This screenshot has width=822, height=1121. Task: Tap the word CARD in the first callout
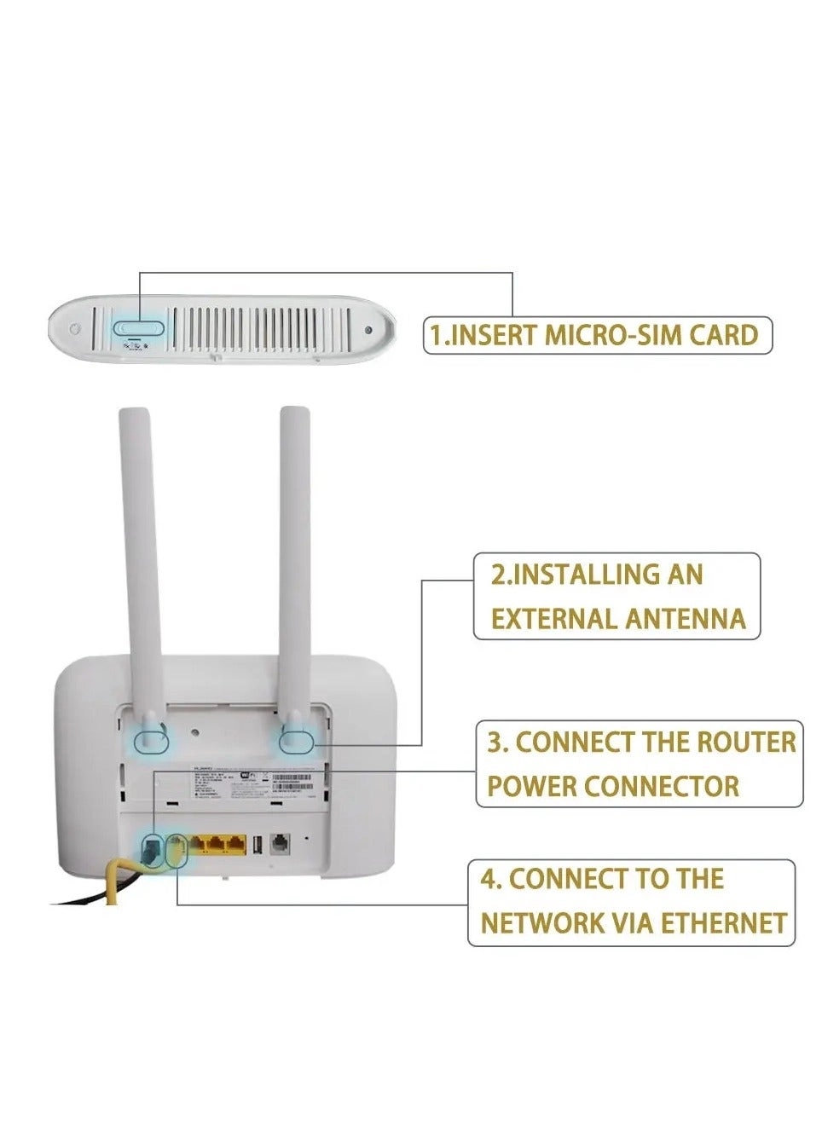coord(723,335)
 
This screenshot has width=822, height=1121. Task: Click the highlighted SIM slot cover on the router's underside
coord(138,326)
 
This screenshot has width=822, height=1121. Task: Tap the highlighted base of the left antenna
coord(151,737)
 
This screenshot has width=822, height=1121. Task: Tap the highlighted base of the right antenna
coord(296,738)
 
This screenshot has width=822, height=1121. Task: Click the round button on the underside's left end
coord(76,329)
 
